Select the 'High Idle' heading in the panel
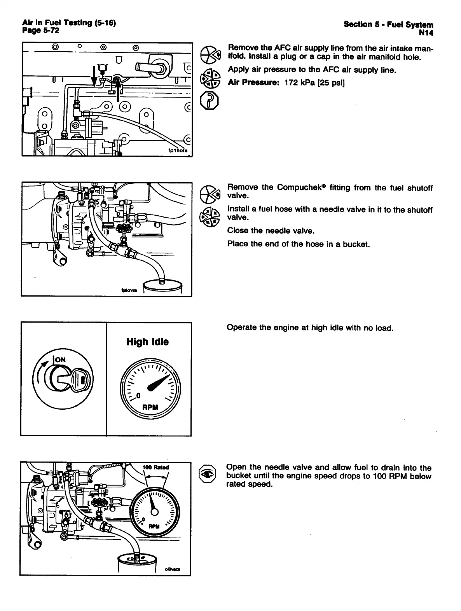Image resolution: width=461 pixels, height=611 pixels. (147, 342)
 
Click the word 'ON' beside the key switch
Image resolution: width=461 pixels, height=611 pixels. (60, 360)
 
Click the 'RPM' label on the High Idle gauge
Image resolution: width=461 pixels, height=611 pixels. (150, 408)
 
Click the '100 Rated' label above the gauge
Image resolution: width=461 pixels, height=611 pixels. (155, 467)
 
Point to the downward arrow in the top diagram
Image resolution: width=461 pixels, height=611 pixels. (94, 75)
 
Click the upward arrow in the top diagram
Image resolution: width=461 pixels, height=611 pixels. (117, 83)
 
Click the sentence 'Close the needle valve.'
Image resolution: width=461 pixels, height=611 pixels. (271, 231)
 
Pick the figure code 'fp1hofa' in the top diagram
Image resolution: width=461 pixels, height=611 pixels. (176, 151)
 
